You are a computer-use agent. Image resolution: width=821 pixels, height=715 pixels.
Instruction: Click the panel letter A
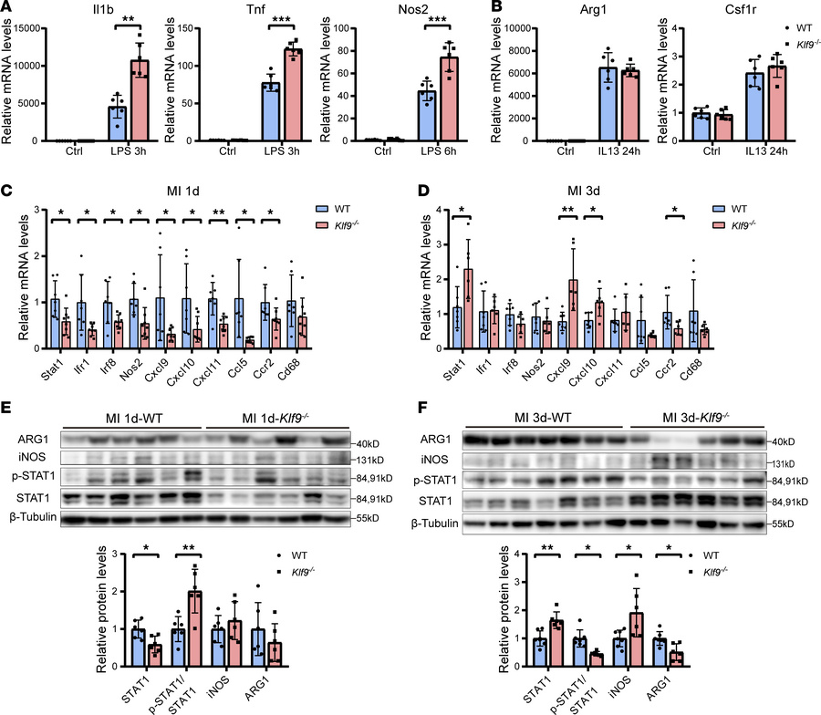tap(7, 8)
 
